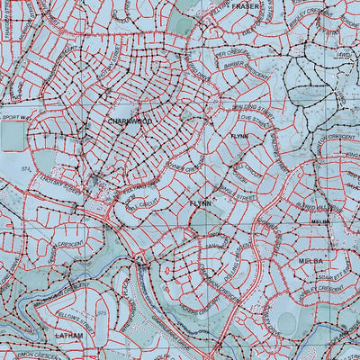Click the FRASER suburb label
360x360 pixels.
tap(245, 5)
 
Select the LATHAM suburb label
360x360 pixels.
tap(69, 336)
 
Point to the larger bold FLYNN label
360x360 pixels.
tap(201, 203)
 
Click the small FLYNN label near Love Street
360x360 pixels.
tap(238, 135)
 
